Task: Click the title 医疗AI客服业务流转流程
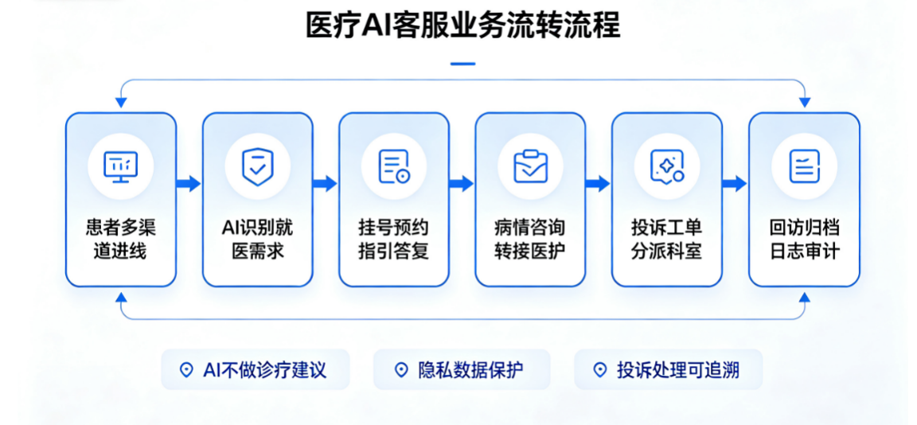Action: tap(462, 25)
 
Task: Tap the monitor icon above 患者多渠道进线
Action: tap(120, 166)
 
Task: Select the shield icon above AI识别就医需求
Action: tap(257, 166)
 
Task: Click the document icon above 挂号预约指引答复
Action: tap(394, 166)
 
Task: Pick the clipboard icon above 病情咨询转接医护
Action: tap(530, 166)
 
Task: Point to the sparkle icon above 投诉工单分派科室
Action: tap(667, 166)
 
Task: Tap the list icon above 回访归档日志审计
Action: tap(804, 166)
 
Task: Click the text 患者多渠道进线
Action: tap(120, 239)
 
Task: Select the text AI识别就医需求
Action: tap(257, 239)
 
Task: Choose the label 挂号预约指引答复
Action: tap(394, 239)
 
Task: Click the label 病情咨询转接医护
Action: tap(530, 239)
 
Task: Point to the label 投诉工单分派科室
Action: tap(667, 239)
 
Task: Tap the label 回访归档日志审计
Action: tap(804, 239)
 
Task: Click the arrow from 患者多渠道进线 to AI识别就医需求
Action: tap(189, 184)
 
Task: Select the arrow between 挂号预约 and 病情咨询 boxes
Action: tap(462, 184)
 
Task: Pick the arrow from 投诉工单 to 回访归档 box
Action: tap(736, 184)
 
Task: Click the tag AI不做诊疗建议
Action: tap(256, 369)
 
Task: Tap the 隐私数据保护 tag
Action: tap(462, 369)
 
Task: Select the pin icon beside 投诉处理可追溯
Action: tap(599, 370)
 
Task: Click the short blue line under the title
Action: tap(462, 64)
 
